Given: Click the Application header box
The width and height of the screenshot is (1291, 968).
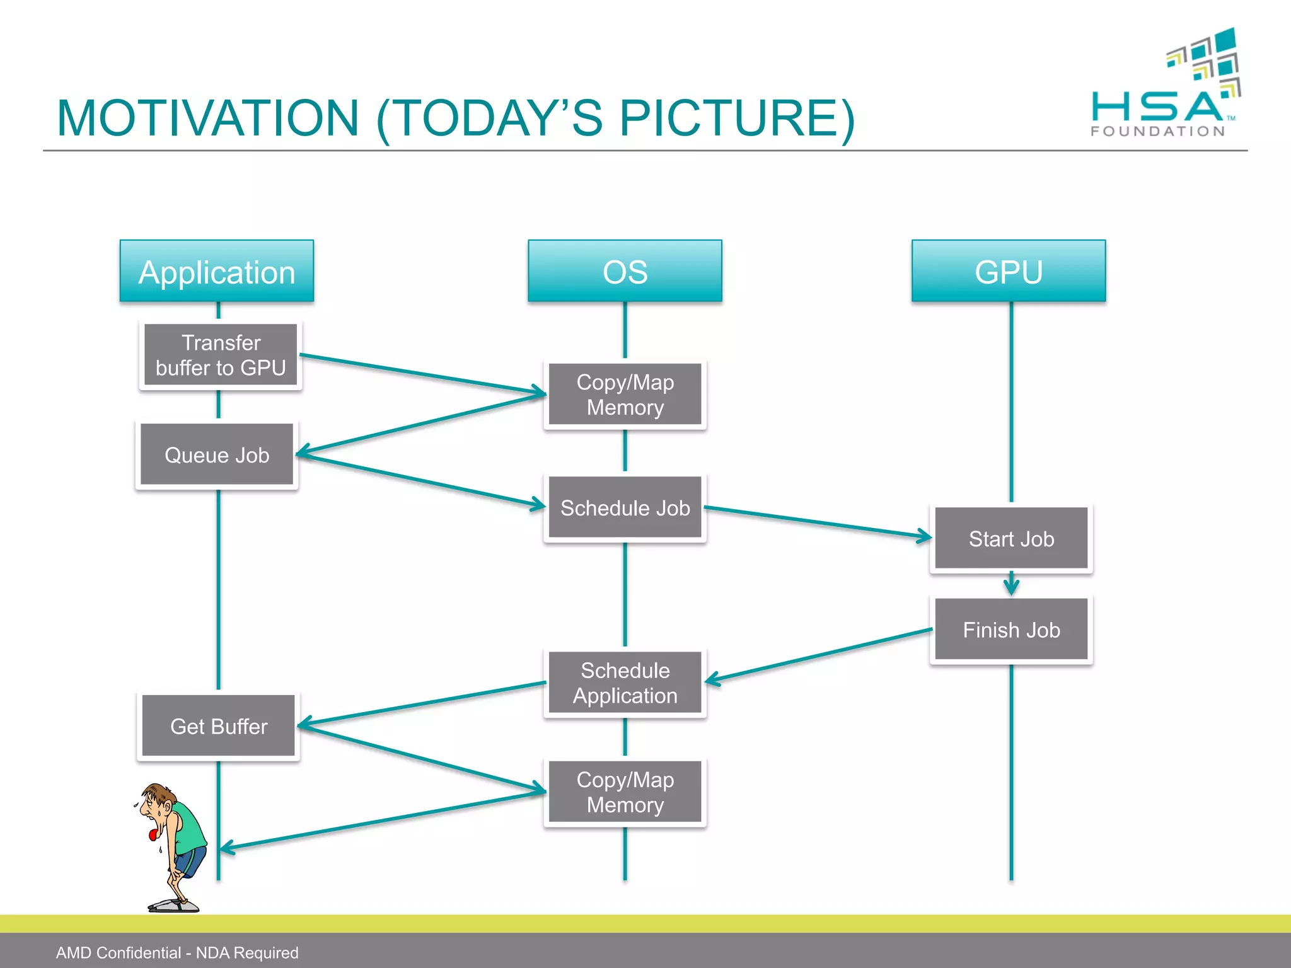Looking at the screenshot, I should pos(217,272).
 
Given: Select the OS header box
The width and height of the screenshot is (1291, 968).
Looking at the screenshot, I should pos(625,272).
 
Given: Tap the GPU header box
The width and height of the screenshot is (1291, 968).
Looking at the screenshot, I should pos(1009,272).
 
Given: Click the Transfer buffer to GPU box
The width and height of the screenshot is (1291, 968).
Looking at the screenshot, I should pos(221,355).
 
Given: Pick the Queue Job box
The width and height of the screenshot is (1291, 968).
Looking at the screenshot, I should pos(217,454).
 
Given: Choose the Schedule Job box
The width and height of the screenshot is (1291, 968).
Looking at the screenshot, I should pos(625,507).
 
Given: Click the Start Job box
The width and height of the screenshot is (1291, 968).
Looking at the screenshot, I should pos(1011,538).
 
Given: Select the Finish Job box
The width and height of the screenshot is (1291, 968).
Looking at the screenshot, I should pos(1011,630).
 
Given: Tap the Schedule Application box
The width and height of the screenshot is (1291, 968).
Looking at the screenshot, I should pos(625,683).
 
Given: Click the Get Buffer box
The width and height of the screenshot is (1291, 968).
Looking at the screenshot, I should pos(218,726).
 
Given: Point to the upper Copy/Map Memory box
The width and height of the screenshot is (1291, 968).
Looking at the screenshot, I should pos(625,395).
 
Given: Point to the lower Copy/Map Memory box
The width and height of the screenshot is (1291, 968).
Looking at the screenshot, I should pos(625,792).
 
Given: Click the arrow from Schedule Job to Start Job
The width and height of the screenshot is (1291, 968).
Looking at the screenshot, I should pos(819,522).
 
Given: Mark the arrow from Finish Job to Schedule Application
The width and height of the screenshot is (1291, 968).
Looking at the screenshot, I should pos(819,655).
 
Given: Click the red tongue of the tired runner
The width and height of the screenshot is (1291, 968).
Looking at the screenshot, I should pos(152,835).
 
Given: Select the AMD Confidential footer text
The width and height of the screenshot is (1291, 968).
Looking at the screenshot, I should pos(177,952).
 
